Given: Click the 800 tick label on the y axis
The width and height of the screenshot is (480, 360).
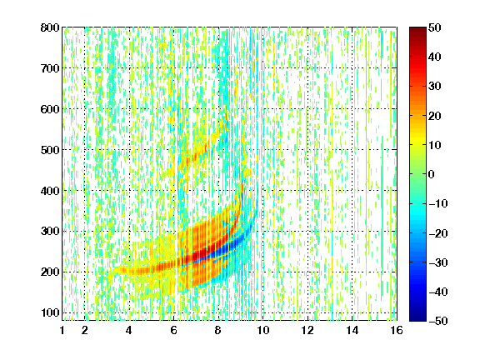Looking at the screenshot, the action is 50,27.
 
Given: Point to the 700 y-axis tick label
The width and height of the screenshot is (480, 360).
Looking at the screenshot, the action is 50,68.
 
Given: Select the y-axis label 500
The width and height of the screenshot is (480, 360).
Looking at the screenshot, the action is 50,150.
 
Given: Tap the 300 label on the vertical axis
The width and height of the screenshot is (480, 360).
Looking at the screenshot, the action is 50,232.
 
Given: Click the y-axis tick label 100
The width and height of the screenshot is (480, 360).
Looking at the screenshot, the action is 50,312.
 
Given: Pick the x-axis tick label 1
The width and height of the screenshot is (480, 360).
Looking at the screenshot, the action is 62,330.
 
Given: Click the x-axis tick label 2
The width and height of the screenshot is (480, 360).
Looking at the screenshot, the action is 85,330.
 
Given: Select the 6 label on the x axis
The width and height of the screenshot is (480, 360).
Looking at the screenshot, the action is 173,330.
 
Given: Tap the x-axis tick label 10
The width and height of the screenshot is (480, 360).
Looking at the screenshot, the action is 262,330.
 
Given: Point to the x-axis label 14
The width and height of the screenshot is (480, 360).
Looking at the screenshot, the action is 352,330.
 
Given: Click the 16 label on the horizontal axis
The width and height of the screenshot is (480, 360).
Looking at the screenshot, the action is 397,330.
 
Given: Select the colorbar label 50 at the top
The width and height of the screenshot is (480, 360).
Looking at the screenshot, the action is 435,27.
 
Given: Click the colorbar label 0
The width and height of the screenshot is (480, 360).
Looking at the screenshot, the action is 431,174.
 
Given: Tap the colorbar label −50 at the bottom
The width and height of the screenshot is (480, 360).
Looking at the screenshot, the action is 438,321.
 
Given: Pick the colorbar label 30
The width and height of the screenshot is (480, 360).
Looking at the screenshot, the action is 435,87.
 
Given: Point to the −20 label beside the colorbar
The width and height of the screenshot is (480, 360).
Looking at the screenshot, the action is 438,233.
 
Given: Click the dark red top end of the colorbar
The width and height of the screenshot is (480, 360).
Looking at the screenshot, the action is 417,30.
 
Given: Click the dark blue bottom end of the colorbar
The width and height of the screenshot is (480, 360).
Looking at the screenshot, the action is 417,318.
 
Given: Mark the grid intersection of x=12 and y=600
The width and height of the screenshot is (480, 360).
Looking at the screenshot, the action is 307,109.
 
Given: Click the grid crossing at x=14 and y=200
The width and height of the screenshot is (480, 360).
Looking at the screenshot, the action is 352,272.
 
